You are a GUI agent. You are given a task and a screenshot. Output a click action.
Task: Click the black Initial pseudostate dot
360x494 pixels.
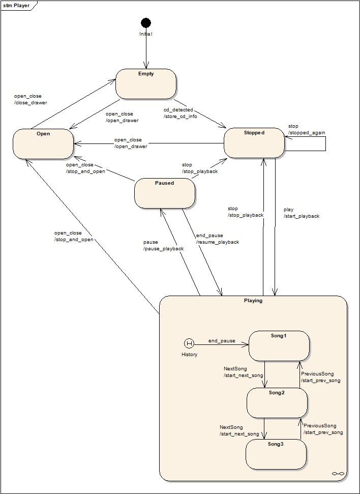(146, 22)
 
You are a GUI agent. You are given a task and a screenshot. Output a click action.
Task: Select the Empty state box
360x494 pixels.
(146, 84)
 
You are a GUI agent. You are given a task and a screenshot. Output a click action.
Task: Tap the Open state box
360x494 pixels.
(43, 144)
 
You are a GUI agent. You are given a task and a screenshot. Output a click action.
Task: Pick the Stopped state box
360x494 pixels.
(254, 143)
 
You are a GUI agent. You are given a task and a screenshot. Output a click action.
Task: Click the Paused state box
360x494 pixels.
(165, 193)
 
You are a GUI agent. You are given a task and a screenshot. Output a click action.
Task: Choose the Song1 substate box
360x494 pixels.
(279, 346)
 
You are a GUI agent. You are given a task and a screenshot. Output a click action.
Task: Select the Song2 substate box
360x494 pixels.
(277, 403)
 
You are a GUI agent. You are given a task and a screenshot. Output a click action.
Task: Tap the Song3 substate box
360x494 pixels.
(276, 454)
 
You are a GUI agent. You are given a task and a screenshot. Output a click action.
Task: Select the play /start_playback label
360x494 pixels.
(301, 213)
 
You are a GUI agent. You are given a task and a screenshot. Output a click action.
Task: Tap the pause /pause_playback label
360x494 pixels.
(163, 245)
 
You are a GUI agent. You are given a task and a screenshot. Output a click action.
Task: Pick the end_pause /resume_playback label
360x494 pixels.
(217, 239)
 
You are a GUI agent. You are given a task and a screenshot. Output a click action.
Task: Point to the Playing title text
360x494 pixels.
(253, 301)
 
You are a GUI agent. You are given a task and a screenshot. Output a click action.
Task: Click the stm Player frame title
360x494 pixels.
(16, 6)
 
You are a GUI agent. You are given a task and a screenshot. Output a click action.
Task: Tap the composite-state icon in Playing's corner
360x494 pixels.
(338, 474)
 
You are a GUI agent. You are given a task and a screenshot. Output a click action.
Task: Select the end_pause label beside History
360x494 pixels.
(222, 341)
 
